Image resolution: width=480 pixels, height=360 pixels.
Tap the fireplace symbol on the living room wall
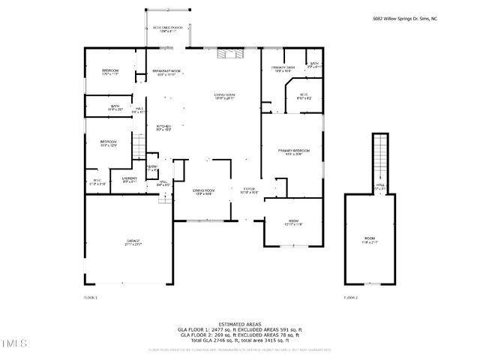[x=226, y=53]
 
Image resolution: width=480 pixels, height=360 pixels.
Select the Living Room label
[x=224, y=96]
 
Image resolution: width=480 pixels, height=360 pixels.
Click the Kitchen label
[x=163, y=127]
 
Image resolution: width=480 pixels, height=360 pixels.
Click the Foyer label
[x=249, y=190]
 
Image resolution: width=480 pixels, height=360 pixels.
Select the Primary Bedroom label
[x=295, y=152]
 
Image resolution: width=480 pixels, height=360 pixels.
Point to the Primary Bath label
[x=283, y=69]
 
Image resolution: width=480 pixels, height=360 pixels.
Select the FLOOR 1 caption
[x=90, y=298]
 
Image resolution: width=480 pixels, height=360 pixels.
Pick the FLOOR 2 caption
[x=350, y=298]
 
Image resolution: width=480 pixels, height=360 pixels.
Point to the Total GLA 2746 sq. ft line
[x=239, y=340]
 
